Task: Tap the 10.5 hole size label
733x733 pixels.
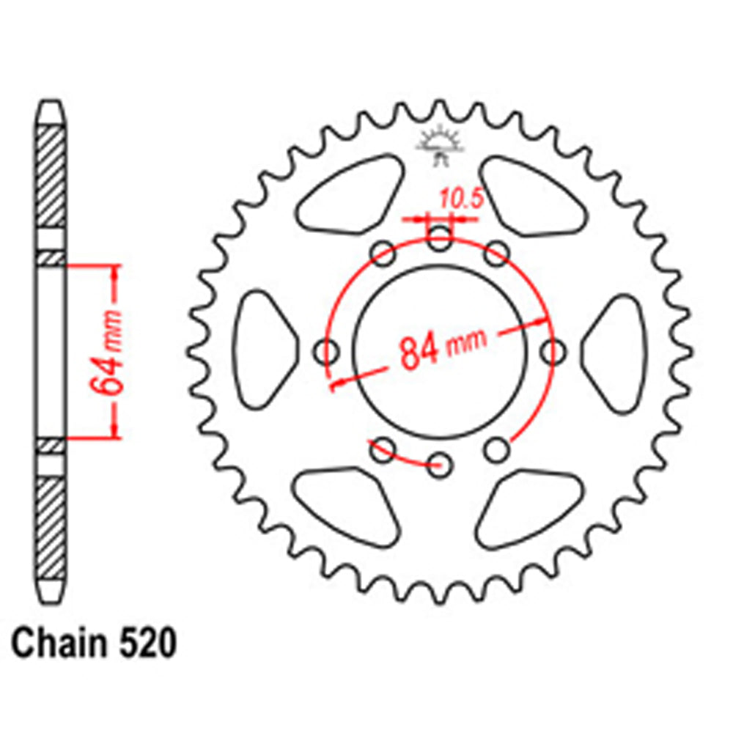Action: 459,199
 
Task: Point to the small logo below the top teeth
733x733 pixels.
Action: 440,143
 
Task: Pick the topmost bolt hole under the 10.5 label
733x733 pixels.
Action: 440,237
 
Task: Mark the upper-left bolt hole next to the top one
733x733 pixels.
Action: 383,254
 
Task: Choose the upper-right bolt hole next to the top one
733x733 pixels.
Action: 497,254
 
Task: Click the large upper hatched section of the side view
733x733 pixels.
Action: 51,177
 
